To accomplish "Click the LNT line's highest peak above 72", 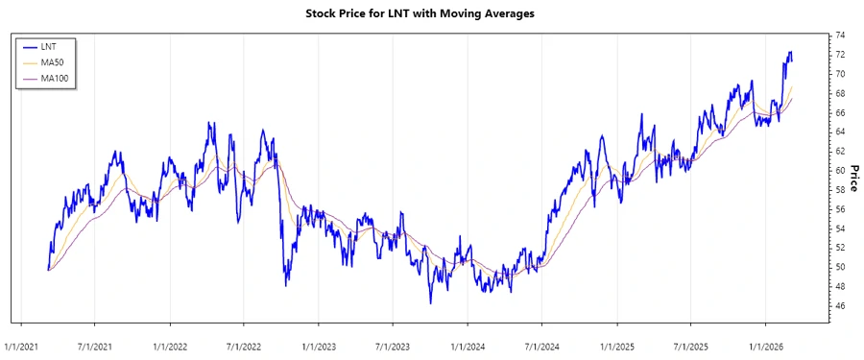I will point(790,52).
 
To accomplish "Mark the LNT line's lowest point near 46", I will point(431,303).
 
